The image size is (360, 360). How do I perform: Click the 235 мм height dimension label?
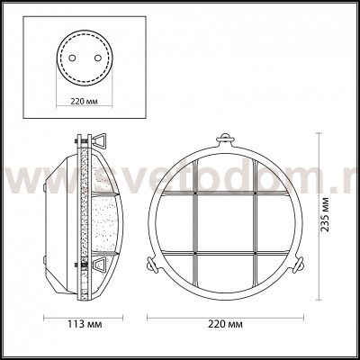[x=325, y=214]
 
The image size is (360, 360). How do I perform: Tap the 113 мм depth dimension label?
[x=84, y=324]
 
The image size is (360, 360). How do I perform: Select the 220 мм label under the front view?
[x=225, y=324]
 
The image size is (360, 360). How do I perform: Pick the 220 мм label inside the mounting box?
[x=84, y=101]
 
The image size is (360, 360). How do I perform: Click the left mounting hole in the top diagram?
[x=72, y=58]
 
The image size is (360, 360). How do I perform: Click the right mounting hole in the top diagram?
[x=98, y=58]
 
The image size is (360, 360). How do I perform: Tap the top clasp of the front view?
[x=226, y=139]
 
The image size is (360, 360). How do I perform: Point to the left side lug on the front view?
[x=151, y=265]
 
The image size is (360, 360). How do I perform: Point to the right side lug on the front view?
[x=299, y=265]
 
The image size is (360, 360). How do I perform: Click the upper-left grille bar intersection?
[x=195, y=193]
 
